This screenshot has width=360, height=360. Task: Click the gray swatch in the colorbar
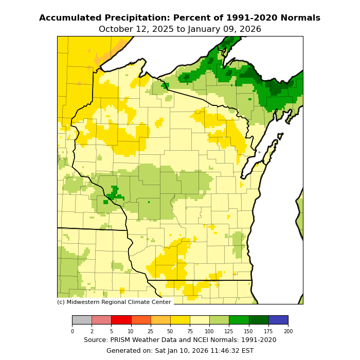click(82, 320)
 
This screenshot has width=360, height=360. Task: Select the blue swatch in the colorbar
click(278, 320)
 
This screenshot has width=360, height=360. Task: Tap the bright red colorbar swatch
click(121, 320)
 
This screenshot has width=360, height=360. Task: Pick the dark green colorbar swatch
click(259, 320)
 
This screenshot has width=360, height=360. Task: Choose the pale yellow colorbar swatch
click(200, 320)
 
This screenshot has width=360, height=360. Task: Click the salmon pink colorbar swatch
click(101, 320)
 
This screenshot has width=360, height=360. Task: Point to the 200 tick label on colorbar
click(288, 331)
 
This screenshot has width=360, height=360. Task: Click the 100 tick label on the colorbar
click(209, 331)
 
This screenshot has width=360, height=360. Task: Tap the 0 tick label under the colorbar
click(72, 331)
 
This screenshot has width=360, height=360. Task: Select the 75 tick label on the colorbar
click(190, 331)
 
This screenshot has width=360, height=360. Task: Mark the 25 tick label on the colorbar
click(151, 331)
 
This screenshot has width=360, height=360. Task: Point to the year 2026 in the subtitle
click(250, 29)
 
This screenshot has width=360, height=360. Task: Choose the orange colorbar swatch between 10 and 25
click(141, 320)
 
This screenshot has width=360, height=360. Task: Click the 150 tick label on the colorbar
click(249, 331)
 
